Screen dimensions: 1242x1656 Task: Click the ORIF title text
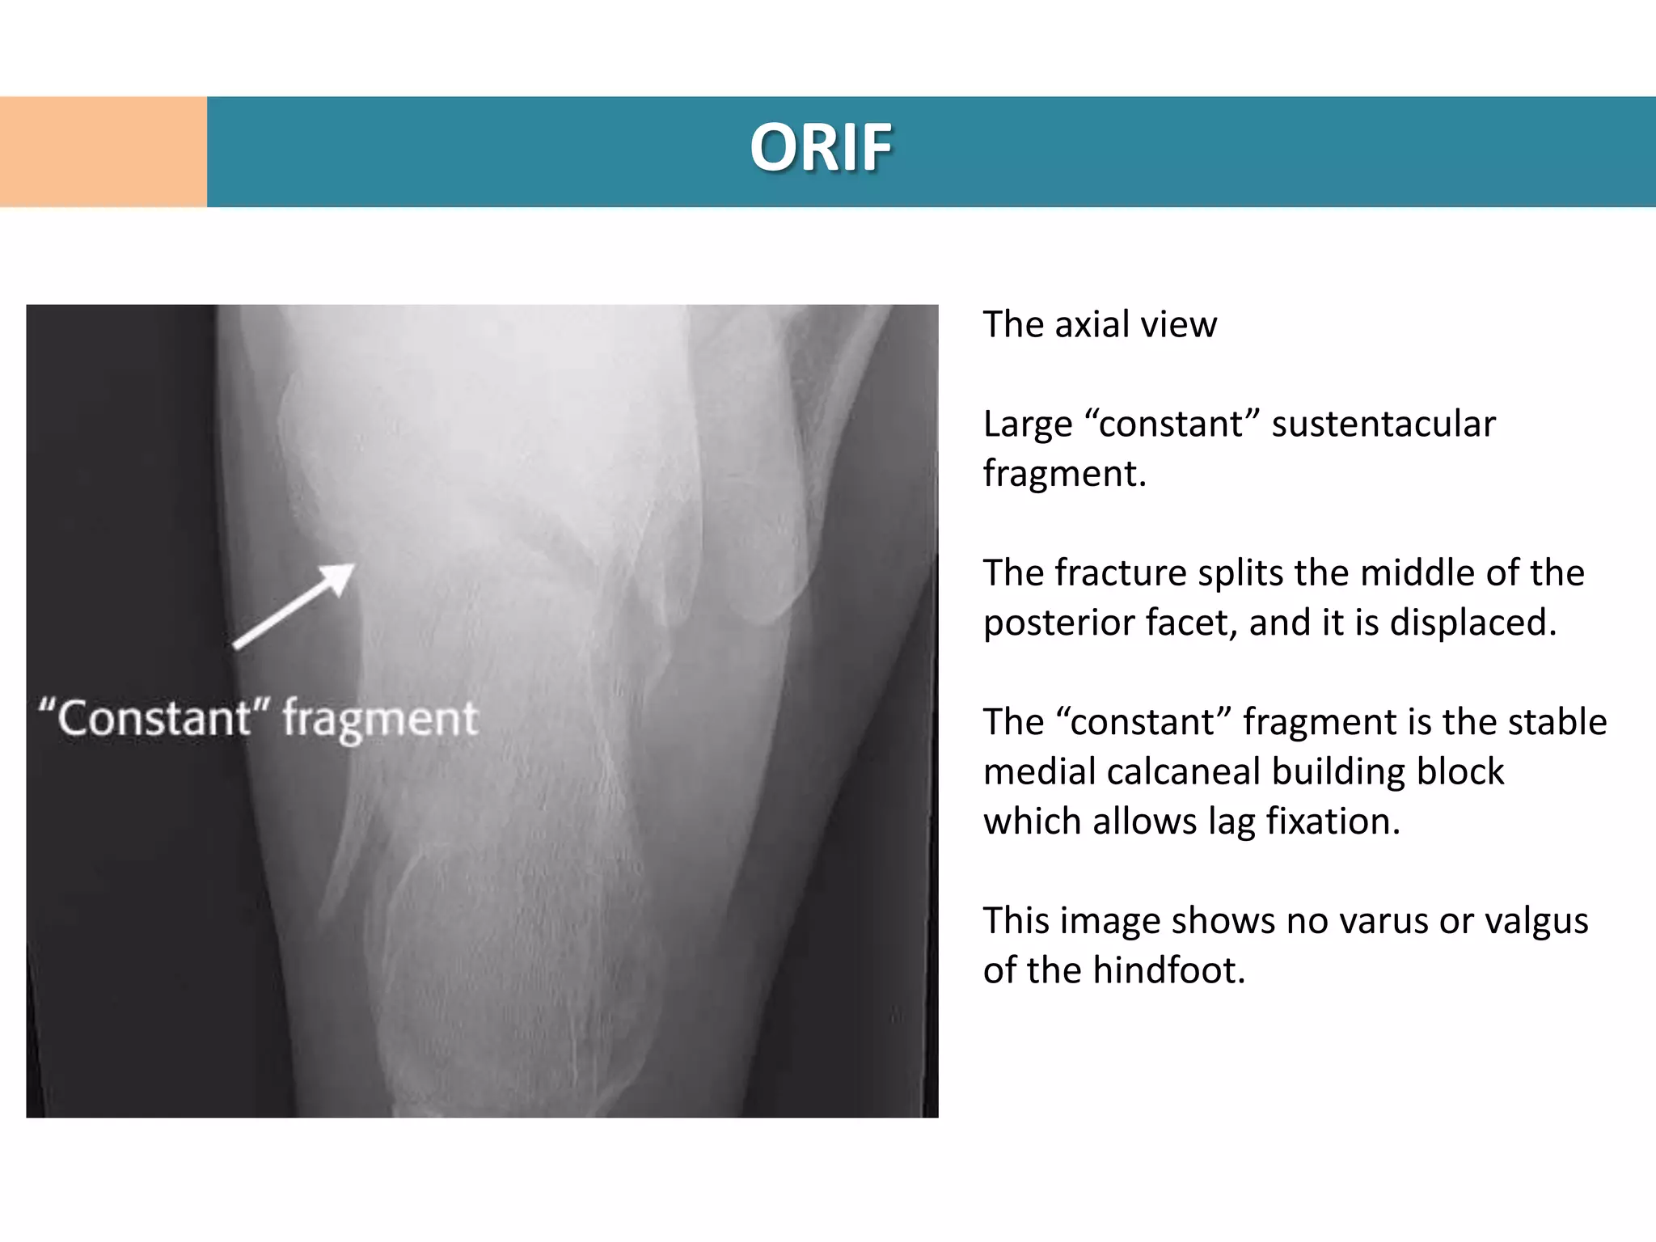click(x=821, y=148)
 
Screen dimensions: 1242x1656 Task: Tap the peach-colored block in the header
click(x=103, y=152)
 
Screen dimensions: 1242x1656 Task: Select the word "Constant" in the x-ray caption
click(x=154, y=718)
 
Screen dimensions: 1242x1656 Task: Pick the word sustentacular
click(x=1383, y=425)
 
